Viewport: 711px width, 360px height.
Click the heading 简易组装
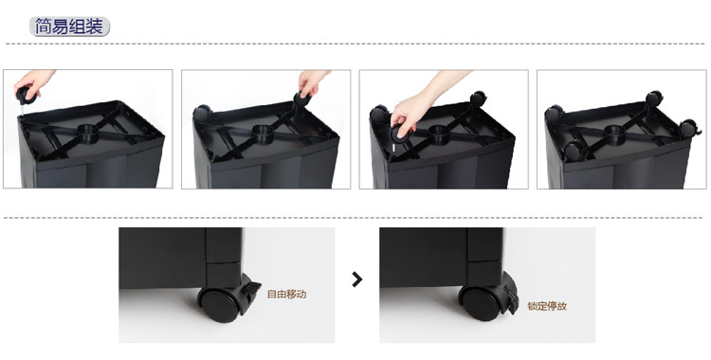[x=69, y=27]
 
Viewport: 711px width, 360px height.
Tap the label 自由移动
[x=286, y=295]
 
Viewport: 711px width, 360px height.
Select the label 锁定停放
[x=547, y=306]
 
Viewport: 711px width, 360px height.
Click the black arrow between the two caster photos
[x=356, y=279]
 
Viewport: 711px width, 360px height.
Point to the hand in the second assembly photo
[x=313, y=81]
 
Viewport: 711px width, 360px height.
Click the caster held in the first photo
[x=26, y=96]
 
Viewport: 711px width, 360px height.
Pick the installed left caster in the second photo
[x=202, y=113]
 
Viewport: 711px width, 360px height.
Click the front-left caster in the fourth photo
[x=575, y=151]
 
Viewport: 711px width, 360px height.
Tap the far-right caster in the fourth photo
[x=690, y=128]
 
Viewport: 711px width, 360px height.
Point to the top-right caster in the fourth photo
[x=654, y=98]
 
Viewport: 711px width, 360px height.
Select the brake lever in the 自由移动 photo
[x=251, y=288]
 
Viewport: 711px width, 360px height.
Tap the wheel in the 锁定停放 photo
[x=482, y=305]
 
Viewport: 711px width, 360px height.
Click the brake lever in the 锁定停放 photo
[x=511, y=294]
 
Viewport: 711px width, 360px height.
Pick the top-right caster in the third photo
[x=478, y=99]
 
